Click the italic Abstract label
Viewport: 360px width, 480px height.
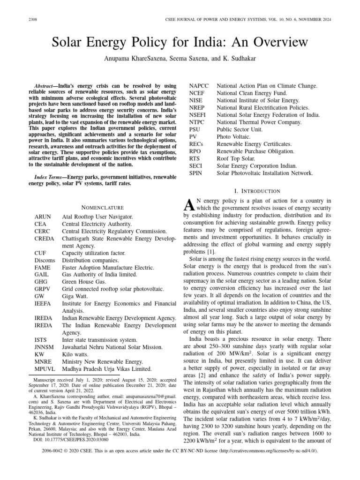click(45, 87)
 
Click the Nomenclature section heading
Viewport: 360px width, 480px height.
click(103, 207)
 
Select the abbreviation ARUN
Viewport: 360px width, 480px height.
click(43, 217)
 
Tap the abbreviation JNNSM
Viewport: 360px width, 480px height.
click(45, 347)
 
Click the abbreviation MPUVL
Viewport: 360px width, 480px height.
click(45, 368)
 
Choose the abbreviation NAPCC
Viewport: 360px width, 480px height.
click(199, 86)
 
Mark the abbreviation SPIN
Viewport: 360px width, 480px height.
click(195, 173)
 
